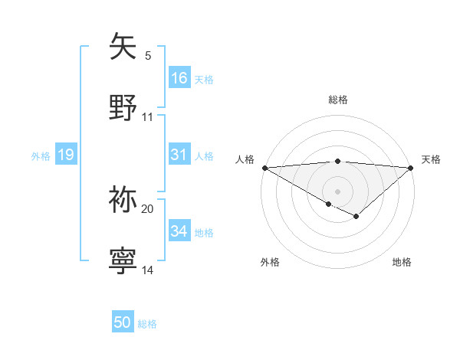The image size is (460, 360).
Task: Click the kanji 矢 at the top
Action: [123, 47]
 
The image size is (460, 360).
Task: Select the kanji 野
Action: [123, 107]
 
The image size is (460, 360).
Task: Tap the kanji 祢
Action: [123, 200]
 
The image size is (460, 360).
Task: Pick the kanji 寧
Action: [123, 261]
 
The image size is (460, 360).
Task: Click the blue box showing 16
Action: [179, 78]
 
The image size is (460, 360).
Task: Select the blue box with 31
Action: [179, 155]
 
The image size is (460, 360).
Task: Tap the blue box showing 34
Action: [179, 231]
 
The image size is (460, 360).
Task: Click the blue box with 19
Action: [66, 155]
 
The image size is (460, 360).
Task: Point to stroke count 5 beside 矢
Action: [147, 55]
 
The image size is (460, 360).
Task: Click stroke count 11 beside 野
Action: [147, 116]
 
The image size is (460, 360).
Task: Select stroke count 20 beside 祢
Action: [147, 208]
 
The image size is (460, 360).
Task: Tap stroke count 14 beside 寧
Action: [147, 270]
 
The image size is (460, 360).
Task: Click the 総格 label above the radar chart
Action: [338, 100]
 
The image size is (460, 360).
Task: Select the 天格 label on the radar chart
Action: [431, 159]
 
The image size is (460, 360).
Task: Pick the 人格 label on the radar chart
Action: [245, 159]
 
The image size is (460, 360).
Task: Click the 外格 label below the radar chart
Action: [270, 262]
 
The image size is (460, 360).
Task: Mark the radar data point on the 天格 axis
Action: [411, 168]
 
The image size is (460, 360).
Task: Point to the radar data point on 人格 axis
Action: [264, 168]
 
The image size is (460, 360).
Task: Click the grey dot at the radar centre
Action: [338, 191]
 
